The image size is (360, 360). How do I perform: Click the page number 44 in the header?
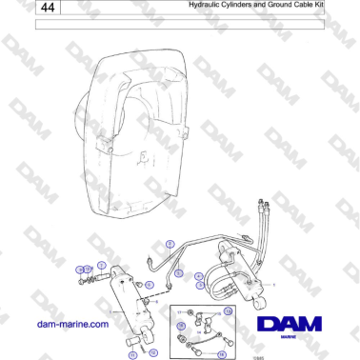coord(48,9)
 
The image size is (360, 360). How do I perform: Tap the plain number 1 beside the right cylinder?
coord(274,284)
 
